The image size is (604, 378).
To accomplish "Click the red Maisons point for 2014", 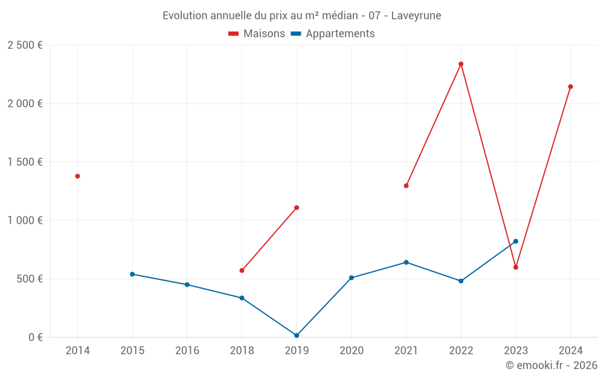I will coord(77,176).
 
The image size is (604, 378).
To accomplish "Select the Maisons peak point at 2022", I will coord(461,64).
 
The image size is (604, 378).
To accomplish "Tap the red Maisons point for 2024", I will coord(570,86).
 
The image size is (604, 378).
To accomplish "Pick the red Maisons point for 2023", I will coord(516,267).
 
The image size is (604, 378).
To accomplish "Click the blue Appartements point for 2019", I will coord(297,336).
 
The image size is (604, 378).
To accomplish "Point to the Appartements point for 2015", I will coord(132,274).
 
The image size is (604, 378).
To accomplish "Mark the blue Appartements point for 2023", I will coord(516,241).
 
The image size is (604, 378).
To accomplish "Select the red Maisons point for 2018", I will coord(242,270).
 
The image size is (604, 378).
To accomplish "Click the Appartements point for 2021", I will coord(406,262).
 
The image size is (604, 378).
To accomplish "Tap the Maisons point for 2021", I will coord(406,186).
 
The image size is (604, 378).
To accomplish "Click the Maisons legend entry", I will coord(257,34).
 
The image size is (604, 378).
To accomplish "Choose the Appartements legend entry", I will coord(333,34).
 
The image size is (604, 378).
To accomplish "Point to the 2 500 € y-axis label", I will coord(25,45).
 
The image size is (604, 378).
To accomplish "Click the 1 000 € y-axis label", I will coord(25,221).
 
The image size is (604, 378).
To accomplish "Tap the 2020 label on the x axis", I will coord(352,351).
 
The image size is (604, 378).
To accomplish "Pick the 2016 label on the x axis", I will coord(187,351).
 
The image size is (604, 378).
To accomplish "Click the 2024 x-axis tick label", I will coord(570,351).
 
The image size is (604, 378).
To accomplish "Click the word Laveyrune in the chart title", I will coord(416,16).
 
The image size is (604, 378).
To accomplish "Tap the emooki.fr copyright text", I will coord(551,365).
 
